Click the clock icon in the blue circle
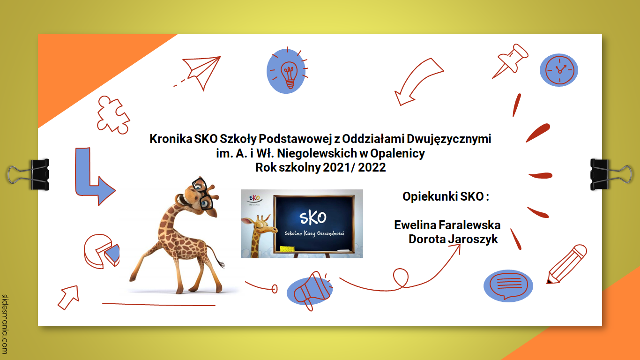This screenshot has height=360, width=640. point(559,70)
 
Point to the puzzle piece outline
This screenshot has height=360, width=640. point(113,115)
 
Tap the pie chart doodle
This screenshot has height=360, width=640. point(101,251)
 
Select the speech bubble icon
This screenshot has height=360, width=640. point(508,285)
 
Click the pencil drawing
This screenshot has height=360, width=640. point(566,264)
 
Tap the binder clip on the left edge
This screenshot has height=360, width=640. point(29,175)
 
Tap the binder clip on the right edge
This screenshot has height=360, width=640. point(611,175)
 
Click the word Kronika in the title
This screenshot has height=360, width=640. point(171,139)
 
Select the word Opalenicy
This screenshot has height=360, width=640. point(397,154)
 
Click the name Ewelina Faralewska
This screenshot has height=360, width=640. point(447,225)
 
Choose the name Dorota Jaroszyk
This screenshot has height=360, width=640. point(453,240)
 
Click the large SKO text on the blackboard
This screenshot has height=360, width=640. point(313,218)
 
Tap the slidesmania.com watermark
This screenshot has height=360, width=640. point(5,324)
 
